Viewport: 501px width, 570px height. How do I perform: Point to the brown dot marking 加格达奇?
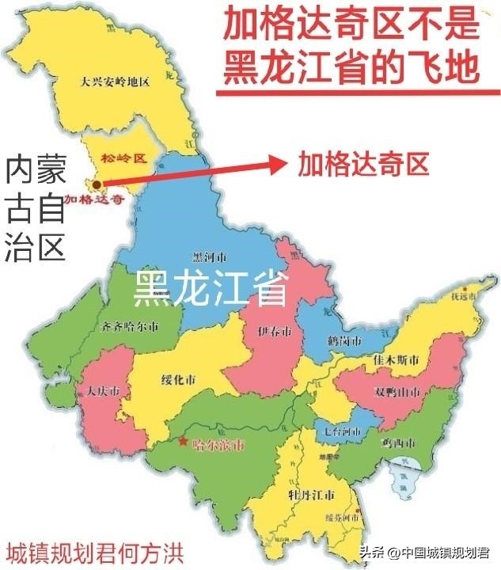pyautogui.click(x=96, y=184)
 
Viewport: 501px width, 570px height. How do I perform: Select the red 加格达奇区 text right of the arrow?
pyautogui.click(x=363, y=164)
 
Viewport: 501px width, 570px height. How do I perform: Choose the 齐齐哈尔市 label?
pyautogui.click(x=131, y=326)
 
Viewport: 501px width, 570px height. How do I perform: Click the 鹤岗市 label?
pyautogui.click(x=345, y=340)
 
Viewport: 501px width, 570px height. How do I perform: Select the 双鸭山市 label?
pyautogui.click(x=397, y=393)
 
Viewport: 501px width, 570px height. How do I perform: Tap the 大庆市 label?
pyautogui.click(x=104, y=392)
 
